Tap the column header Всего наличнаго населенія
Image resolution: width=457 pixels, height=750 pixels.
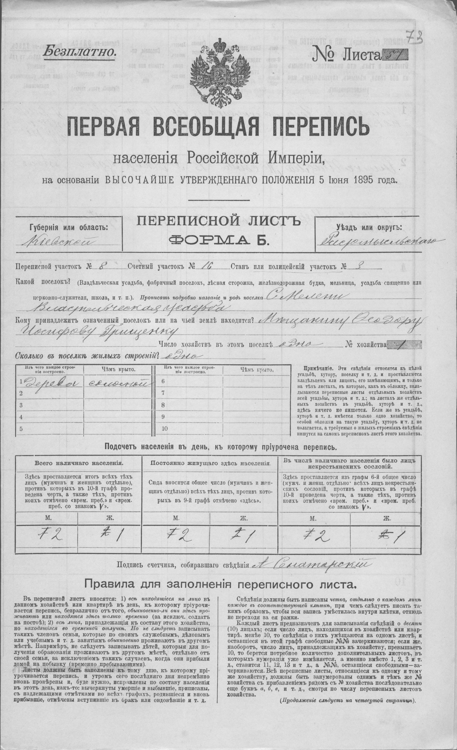coord(79,463)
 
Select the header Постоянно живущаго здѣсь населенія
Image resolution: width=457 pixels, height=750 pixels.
coord(210,463)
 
